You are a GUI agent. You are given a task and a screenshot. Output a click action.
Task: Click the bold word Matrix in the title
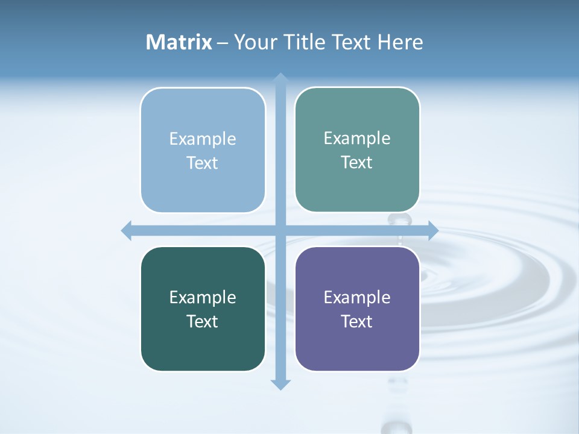pyautogui.click(x=179, y=42)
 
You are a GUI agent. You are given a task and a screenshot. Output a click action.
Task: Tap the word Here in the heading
pyautogui.click(x=400, y=42)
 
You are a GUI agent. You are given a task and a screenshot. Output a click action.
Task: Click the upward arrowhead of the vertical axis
pyautogui.click(x=280, y=78)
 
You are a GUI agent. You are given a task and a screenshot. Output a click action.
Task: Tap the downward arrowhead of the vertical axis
pyautogui.click(x=280, y=384)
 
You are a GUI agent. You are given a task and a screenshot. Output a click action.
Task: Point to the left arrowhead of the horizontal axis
pyautogui.click(x=127, y=230)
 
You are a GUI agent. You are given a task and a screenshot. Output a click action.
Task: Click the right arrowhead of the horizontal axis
pyautogui.click(x=432, y=230)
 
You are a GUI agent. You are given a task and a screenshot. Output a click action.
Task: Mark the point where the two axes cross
pyautogui.click(x=280, y=230)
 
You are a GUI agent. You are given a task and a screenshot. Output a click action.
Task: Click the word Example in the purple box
pyautogui.click(x=357, y=297)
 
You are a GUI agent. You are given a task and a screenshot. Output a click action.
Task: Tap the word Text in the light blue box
pyautogui.click(x=203, y=163)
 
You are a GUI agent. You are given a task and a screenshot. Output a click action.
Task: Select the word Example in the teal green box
pyautogui.click(x=357, y=138)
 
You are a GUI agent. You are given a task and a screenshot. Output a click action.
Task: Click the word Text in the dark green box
pyautogui.click(x=203, y=321)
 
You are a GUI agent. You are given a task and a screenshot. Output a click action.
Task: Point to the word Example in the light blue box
pyautogui.click(x=203, y=139)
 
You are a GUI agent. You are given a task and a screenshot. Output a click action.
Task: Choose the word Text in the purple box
pyautogui.click(x=357, y=321)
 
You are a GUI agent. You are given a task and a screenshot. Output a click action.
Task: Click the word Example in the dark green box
pyautogui.click(x=203, y=297)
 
